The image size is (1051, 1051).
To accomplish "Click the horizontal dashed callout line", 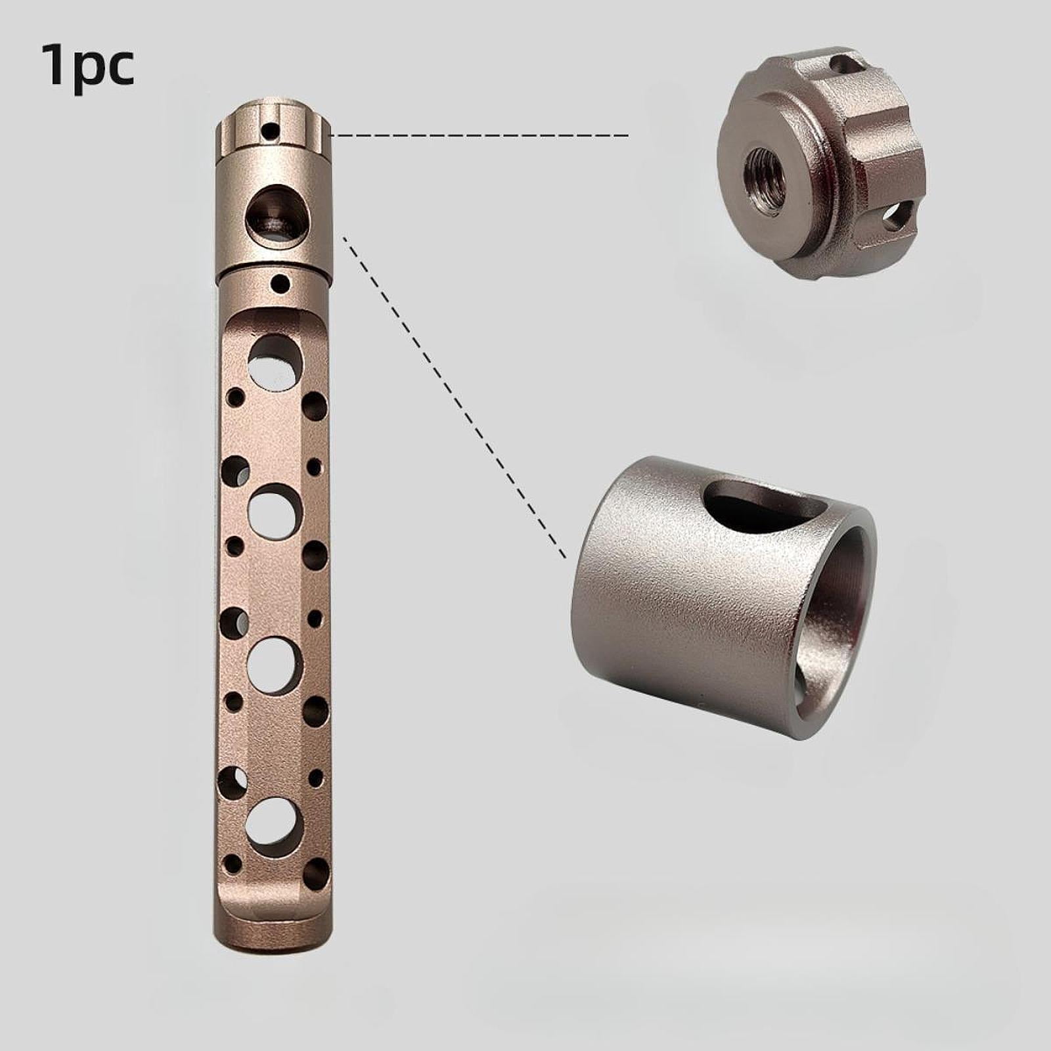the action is [480, 135].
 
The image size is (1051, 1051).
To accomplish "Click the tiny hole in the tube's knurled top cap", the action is [267, 131].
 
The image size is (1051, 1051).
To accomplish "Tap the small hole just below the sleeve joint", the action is [281, 285].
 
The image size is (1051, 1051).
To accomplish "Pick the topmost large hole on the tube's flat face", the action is [274, 359].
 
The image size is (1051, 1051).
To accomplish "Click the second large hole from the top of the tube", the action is [274, 509].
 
